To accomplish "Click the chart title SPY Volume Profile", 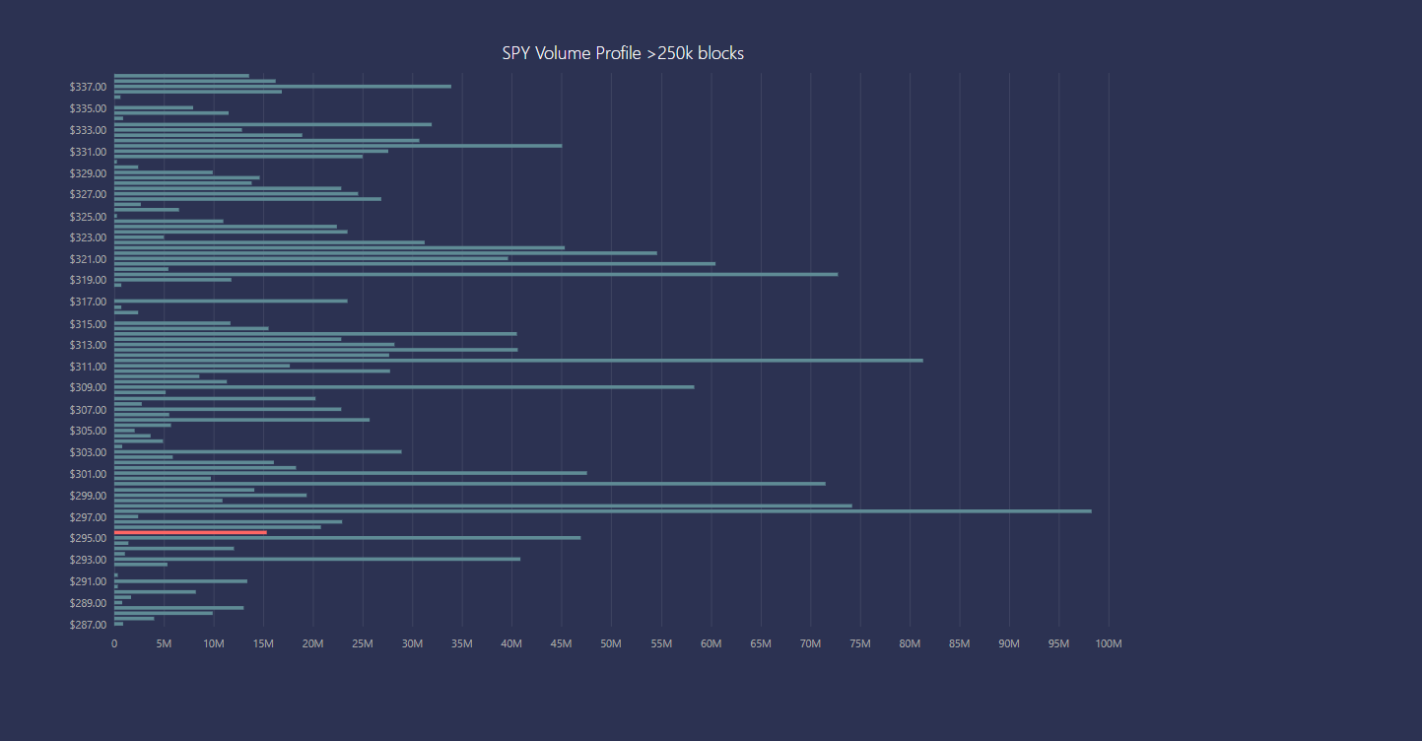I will (x=622, y=53).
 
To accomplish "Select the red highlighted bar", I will (x=190, y=532).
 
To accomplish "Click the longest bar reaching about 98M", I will (x=602, y=510).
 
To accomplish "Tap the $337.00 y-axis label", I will (x=88, y=87).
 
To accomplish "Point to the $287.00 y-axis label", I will (x=88, y=625).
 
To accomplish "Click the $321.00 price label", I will (x=88, y=259).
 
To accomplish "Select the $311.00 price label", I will (x=88, y=367).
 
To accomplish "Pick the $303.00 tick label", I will (x=88, y=452).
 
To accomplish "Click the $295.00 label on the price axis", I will (x=88, y=538).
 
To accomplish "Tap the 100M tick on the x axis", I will (x=1109, y=644).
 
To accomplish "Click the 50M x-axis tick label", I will (x=611, y=644).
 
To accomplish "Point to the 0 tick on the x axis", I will (x=114, y=644).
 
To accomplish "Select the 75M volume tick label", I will (x=860, y=644).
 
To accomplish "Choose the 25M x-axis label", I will (x=363, y=644).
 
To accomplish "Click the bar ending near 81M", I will (x=518, y=361).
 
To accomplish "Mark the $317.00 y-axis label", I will (x=88, y=302).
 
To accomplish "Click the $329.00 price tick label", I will (x=88, y=173).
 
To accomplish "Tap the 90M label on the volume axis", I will (x=1009, y=644).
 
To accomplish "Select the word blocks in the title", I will (x=720, y=53).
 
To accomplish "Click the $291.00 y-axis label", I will (x=88, y=581).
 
